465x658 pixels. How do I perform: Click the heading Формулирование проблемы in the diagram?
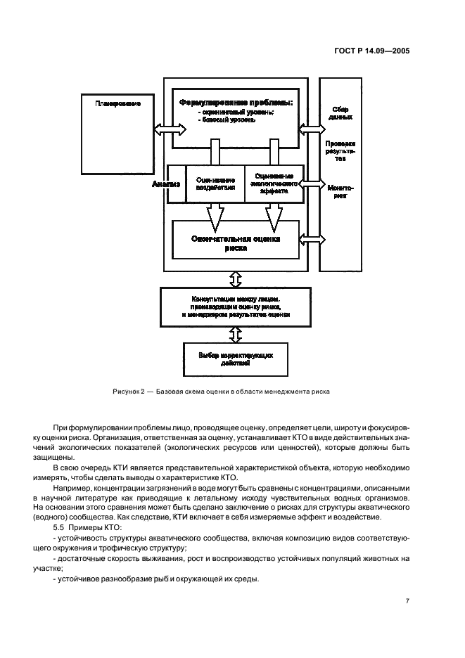(236, 103)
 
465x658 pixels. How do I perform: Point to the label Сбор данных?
(340, 112)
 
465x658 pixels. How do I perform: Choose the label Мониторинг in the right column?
(340, 192)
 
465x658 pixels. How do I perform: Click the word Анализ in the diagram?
(167, 183)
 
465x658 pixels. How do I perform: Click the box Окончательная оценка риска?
(236, 243)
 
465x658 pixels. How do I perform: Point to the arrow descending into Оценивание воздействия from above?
(215, 152)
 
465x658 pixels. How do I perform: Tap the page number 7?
(407, 600)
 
